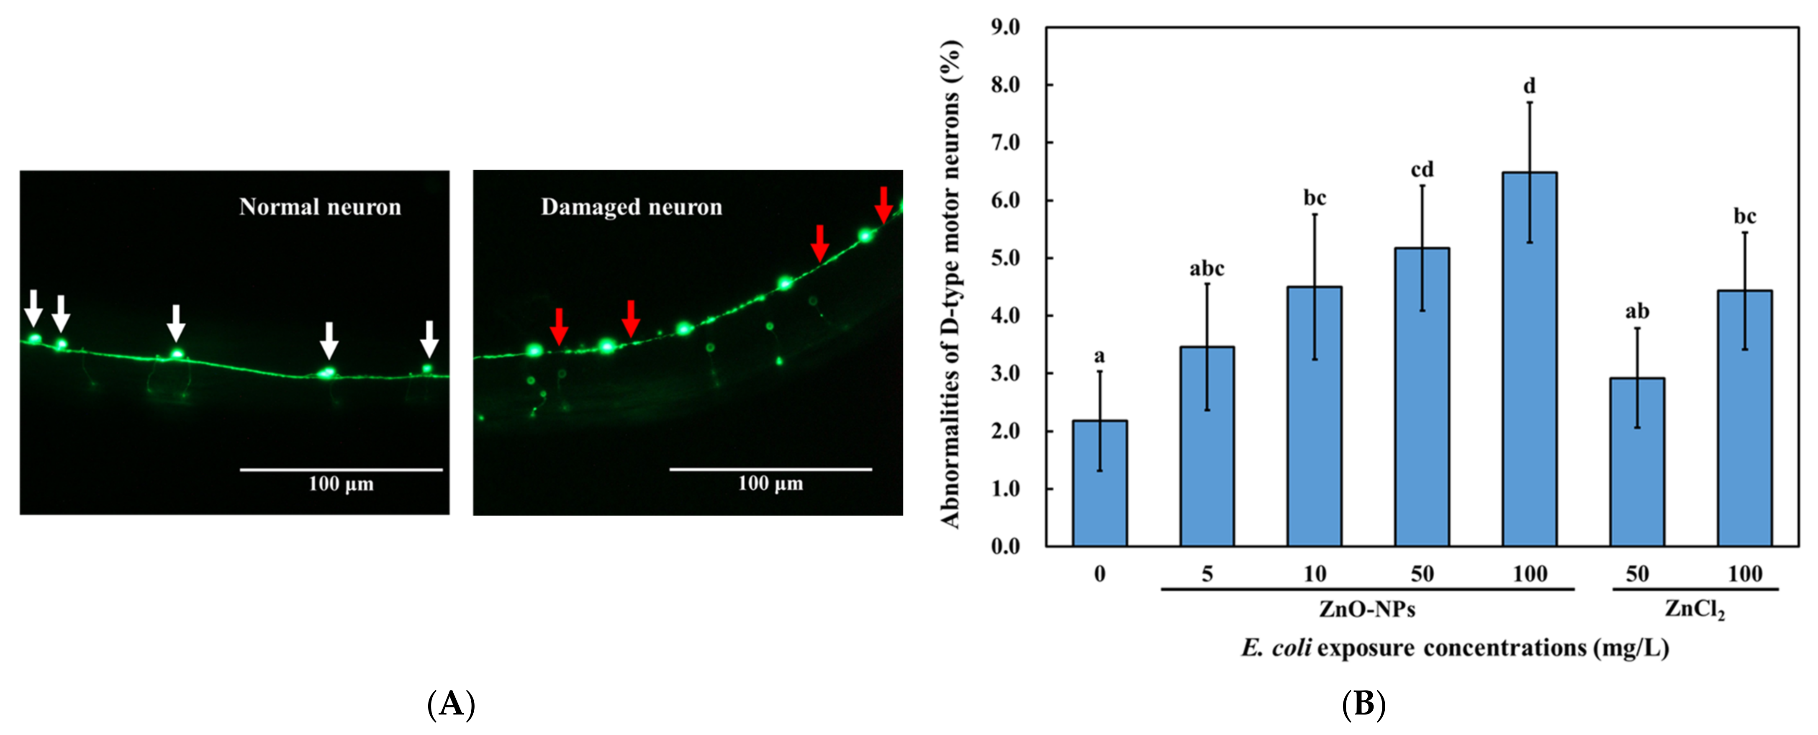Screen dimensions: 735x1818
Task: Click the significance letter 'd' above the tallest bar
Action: point(1529,86)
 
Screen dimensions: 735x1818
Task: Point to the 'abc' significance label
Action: point(1207,269)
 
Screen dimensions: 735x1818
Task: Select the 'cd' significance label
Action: point(1422,170)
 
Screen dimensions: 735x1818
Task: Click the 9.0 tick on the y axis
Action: point(1006,27)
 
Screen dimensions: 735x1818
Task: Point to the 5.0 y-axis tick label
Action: point(1006,258)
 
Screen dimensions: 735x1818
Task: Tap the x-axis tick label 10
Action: point(1314,574)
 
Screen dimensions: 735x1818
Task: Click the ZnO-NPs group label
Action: point(1367,609)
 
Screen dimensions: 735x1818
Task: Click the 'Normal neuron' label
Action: point(320,207)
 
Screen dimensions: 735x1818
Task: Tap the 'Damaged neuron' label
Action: point(632,207)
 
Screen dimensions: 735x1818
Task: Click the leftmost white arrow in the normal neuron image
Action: point(33,307)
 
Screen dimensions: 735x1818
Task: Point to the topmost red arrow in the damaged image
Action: point(883,204)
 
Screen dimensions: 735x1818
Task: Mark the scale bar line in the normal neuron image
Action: point(341,469)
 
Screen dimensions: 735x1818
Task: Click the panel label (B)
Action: point(1363,704)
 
